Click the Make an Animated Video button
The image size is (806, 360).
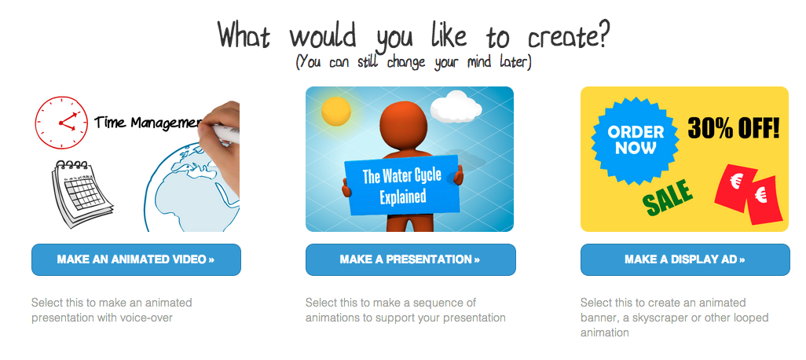pyautogui.click(x=136, y=259)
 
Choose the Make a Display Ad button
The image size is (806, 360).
pyautogui.click(x=685, y=259)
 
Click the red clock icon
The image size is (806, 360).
pyautogui.click(x=61, y=123)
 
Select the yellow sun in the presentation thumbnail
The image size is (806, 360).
pyautogui.click(x=336, y=111)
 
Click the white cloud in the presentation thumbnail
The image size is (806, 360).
pyautogui.click(x=456, y=106)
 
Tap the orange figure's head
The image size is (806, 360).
pyautogui.click(x=405, y=124)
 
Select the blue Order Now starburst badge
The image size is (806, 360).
pyautogui.click(x=636, y=140)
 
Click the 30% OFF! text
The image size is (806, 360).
pyautogui.click(x=734, y=128)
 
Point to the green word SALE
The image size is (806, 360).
pyautogui.click(x=668, y=198)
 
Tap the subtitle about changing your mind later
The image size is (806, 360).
pyautogui.click(x=413, y=62)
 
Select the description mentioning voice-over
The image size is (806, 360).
pyautogui.click(x=112, y=310)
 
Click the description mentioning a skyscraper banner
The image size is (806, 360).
pyautogui.click(x=674, y=318)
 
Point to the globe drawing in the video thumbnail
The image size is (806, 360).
pyautogui.click(x=190, y=188)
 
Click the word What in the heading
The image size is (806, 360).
pyautogui.click(x=244, y=35)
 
